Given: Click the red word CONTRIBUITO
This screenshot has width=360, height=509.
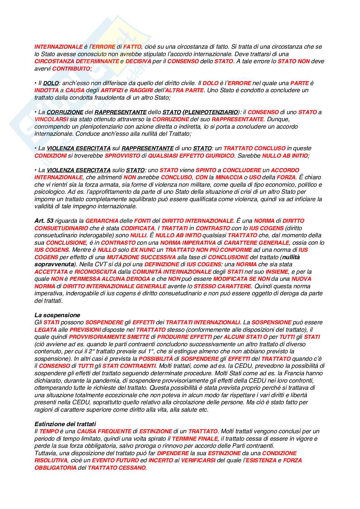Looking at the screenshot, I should [71, 69].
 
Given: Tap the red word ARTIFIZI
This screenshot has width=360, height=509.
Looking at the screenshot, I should [112, 90].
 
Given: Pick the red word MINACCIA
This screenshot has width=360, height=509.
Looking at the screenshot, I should [229, 177].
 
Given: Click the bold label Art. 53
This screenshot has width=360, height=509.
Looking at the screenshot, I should [44, 221].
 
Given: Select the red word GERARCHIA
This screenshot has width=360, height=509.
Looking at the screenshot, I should [102, 221].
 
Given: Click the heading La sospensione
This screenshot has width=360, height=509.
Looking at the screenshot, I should [57, 315].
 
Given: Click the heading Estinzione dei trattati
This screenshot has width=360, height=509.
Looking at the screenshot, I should [65, 424].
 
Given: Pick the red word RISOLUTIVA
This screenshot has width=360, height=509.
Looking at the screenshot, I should [51, 460].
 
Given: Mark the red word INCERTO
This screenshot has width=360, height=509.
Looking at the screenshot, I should [161, 460].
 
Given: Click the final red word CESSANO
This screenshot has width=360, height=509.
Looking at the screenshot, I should [133, 468].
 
